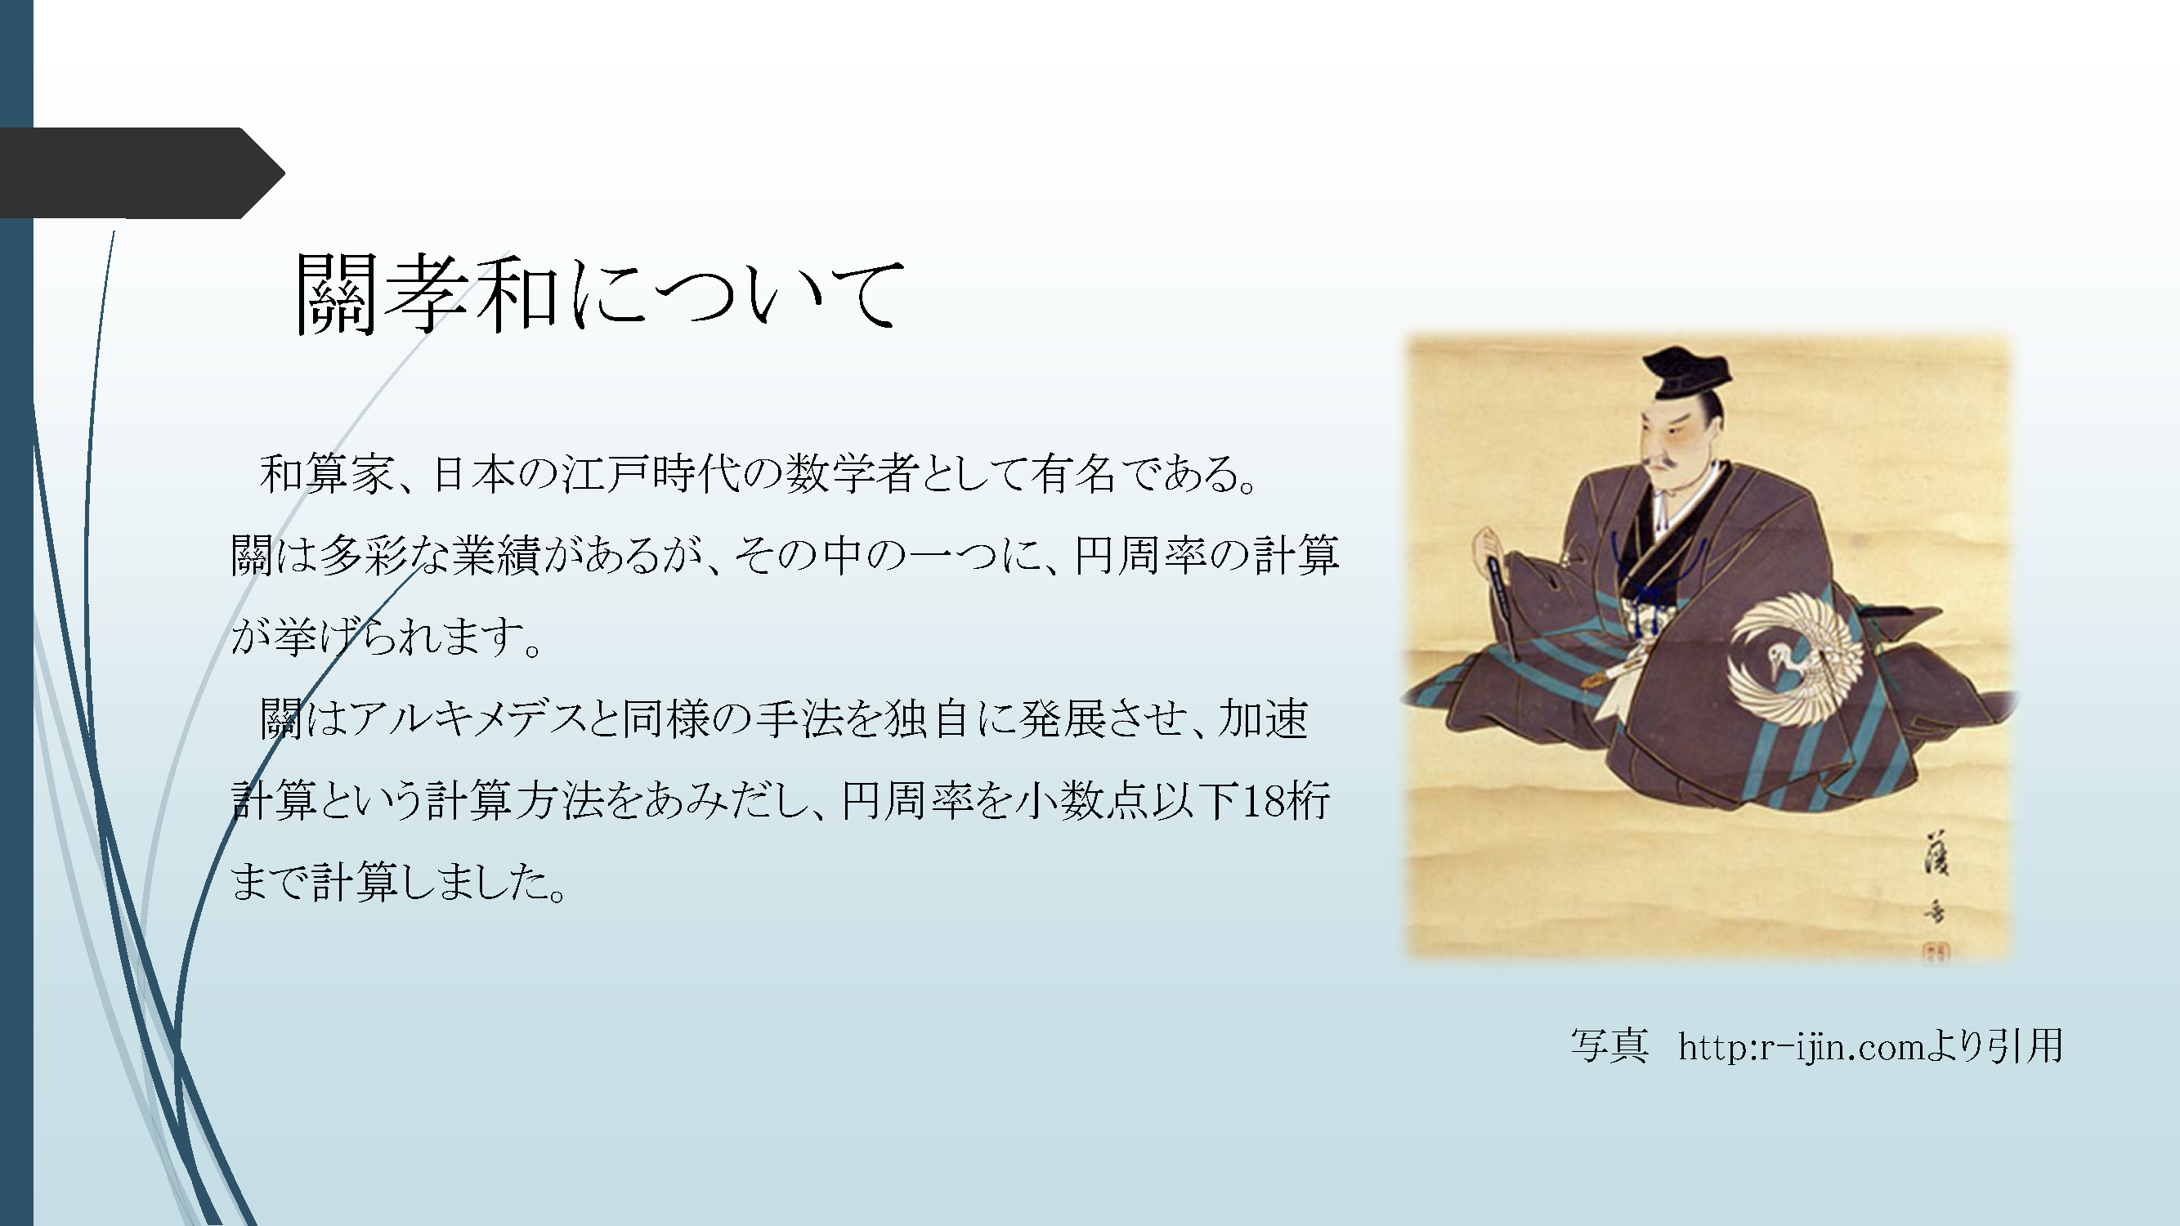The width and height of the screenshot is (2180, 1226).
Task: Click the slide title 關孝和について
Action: (600, 293)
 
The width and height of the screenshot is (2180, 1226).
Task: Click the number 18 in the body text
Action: (1262, 800)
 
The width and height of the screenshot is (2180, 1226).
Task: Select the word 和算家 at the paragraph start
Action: (326, 474)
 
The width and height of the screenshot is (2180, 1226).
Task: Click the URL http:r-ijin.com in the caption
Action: (1802, 1047)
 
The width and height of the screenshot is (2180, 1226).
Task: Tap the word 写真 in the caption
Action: (1609, 1046)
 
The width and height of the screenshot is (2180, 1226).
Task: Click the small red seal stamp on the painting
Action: (1932, 952)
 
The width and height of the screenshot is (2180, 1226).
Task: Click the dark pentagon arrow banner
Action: (142, 173)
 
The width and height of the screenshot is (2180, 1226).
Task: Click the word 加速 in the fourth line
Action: (1263, 719)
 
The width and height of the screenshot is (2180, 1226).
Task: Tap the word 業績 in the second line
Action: (495, 556)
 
